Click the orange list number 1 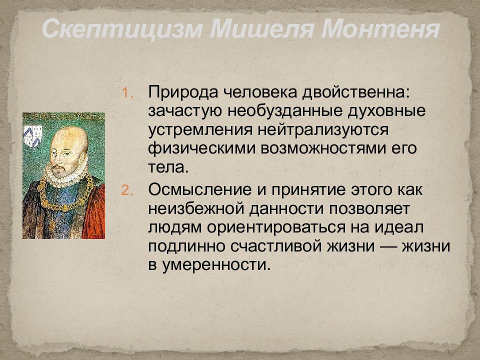click(x=127, y=93)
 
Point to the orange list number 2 click(x=127, y=190)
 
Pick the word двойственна click(x=355, y=92)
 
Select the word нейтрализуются click(x=322, y=130)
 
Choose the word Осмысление click(x=200, y=190)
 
